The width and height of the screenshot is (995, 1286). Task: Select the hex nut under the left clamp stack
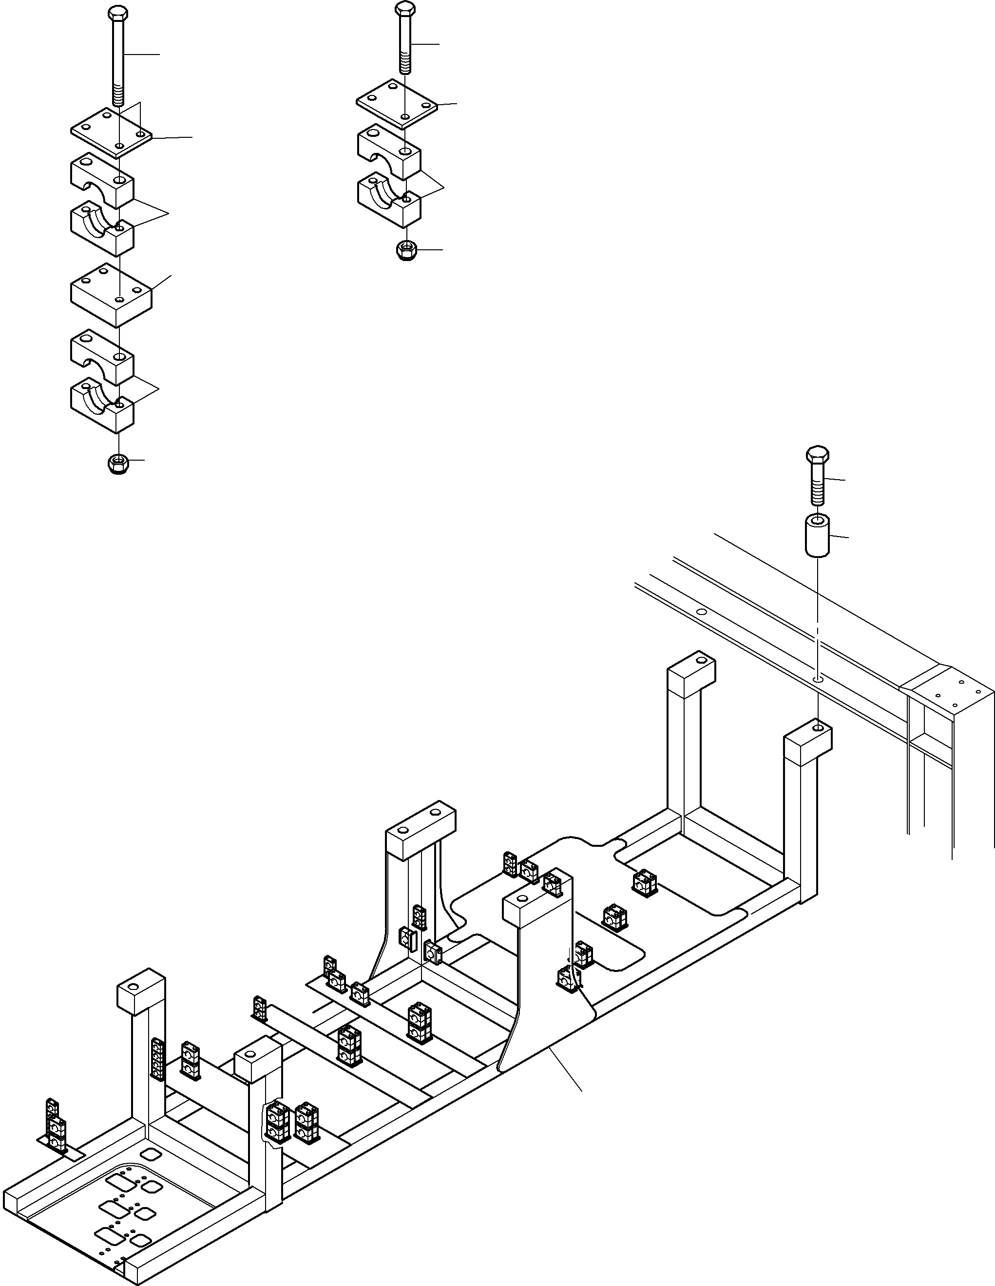(118, 464)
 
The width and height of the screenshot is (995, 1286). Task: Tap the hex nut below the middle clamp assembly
(405, 251)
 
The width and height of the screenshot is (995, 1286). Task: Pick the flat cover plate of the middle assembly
(397, 104)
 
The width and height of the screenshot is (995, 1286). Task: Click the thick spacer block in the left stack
(112, 295)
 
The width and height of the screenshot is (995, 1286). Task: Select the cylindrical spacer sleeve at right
(817, 534)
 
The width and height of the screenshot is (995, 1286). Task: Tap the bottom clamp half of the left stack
(102, 405)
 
